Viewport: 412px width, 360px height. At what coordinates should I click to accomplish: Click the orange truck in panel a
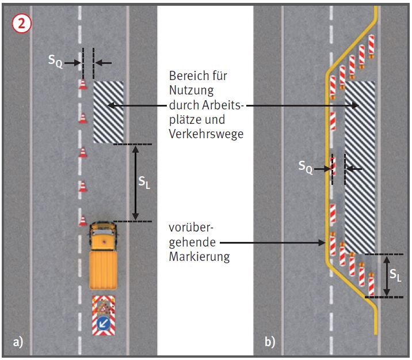point(103,256)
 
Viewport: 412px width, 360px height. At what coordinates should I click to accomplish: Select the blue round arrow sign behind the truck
point(104,324)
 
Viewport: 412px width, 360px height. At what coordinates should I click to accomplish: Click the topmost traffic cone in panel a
point(83,84)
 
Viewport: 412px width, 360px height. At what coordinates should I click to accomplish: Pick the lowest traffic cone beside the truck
point(83,221)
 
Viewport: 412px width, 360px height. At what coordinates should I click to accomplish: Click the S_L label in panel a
point(144,183)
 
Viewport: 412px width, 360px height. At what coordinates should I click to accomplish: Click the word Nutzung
point(191,90)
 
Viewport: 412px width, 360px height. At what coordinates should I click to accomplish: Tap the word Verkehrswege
point(205,134)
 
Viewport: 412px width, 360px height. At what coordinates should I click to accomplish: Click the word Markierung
point(199,257)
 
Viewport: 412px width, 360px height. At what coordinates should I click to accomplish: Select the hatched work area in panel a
point(109,112)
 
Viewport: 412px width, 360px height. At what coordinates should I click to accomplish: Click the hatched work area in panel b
point(360,167)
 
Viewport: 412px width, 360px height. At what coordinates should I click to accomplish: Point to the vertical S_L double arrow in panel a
point(135,182)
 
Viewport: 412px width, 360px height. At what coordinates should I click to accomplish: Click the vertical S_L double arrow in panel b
point(386,275)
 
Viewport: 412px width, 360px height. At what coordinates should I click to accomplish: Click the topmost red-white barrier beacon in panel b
point(372,46)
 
